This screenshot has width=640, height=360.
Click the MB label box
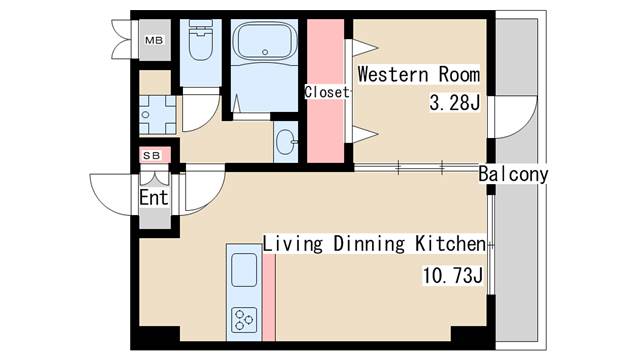[x=154, y=40]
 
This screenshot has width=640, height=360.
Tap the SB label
[x=151, y=156]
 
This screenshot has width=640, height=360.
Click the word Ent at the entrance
[x=154, y=198]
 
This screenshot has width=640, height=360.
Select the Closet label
[x=327, y=92]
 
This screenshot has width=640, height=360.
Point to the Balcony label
[x=513, y=174]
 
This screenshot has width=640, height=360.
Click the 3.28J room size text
[x=455, y=102]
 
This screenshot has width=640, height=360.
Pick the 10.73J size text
[x=453, y=276]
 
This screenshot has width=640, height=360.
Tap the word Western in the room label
[x=393, y=75]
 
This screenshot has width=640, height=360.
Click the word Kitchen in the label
[x=451, y=243]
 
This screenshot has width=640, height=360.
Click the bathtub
[x=264, y=40]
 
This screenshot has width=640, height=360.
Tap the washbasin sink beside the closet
[x=286, y=142]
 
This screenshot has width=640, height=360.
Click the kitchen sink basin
[x=244, y=270]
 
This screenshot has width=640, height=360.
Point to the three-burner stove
[x=244, y=320]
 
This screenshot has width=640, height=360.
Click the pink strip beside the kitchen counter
[x=269, y=297]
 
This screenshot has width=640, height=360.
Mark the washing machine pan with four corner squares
[x=158, y=115]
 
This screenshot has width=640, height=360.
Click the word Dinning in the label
[x=369, y=244]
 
